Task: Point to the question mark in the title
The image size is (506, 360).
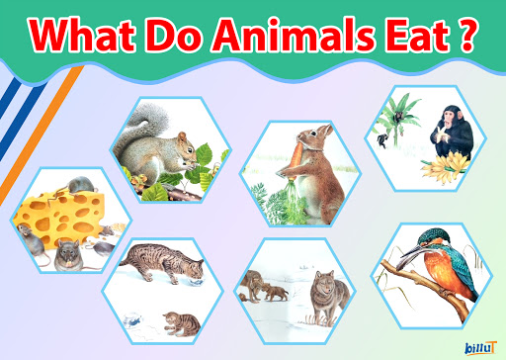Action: [460, 37]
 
